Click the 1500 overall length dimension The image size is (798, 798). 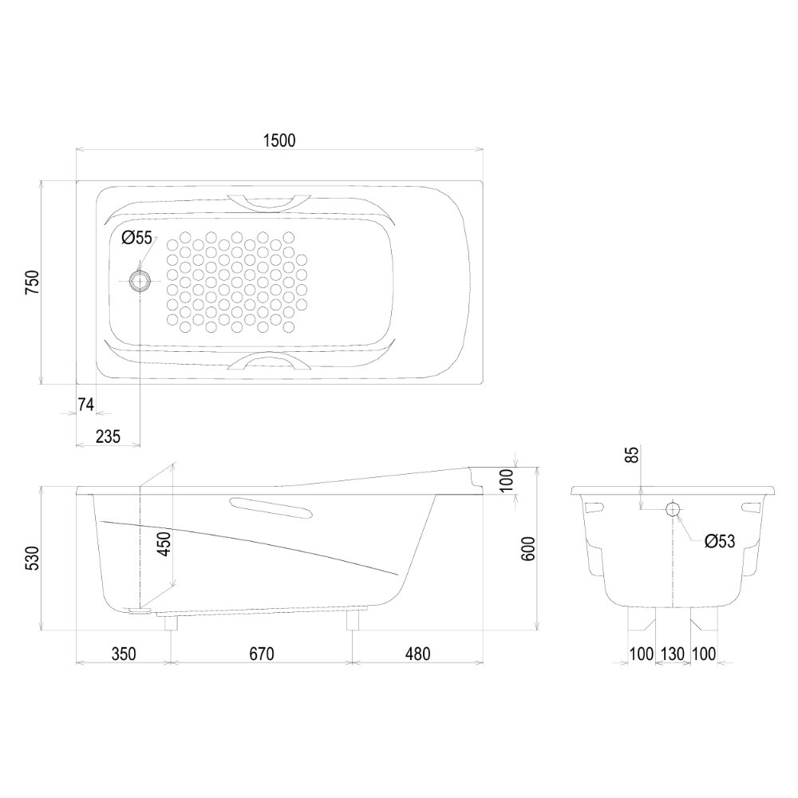tap(279, 140)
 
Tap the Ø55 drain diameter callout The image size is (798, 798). tap(136, 237)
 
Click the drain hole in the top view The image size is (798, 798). tap(140, 281)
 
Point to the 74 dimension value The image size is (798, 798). tap(85, 405)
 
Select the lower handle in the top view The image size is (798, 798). tap(267, 363)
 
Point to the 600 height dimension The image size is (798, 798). tap(527, 549)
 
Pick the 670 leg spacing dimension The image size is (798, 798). tap(261, 654)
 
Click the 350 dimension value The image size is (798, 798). tap(124, 654)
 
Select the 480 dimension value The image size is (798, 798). tap(417, 654)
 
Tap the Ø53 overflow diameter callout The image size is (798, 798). tap(720, 541)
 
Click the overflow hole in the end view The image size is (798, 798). tap(672, 509)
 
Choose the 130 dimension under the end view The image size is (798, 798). tap(673, 654)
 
